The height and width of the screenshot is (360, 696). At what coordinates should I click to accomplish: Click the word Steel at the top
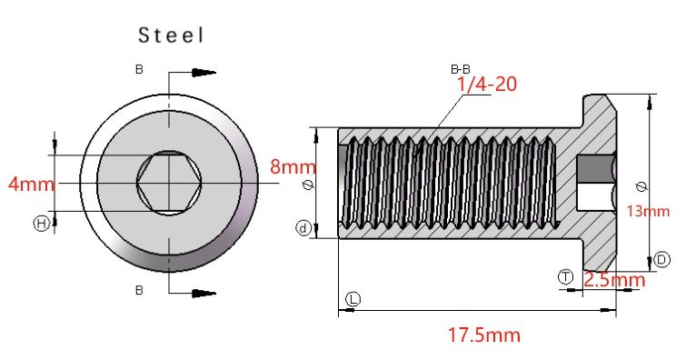tap(172, 35)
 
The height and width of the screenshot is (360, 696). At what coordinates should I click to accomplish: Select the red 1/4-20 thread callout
tap(487, 85)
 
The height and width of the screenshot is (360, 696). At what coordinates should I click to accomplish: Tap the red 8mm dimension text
tap(293, 167)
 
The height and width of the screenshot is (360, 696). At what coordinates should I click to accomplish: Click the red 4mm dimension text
tap(31, 184)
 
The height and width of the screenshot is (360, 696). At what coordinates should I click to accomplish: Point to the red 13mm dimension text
tap(648, 211)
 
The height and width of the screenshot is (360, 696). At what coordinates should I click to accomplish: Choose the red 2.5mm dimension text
tap(614, 280)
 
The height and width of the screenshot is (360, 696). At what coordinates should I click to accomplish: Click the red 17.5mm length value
tap(483, 335)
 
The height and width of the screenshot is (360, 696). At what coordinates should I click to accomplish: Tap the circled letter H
tap(41, 224)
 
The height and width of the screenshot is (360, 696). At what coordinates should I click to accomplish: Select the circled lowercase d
tap(303, 228)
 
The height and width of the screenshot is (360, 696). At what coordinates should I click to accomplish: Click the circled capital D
tap(661, 259)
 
